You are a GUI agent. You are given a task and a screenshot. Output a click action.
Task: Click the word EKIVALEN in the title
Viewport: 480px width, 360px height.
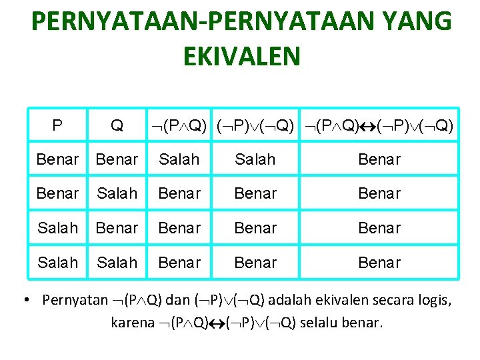[241, 57]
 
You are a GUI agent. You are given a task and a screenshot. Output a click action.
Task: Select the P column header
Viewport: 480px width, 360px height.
[57, 125]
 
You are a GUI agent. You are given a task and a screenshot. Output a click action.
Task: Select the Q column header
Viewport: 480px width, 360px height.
[117, 125]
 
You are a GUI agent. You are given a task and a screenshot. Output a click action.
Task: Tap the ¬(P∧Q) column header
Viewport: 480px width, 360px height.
[179, 125]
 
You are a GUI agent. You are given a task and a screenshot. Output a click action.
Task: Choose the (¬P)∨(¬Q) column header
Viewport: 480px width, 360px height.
[255, 125]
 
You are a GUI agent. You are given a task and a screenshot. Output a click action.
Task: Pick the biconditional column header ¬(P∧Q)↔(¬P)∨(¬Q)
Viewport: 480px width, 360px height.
[379, 125]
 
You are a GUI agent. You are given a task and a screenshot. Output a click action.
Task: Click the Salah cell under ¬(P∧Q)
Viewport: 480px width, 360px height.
[179, 159]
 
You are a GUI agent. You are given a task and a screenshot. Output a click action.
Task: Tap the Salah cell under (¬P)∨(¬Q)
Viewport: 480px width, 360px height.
[255, 159]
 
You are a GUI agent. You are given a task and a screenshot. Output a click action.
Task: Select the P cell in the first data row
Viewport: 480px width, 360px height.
[57, 159]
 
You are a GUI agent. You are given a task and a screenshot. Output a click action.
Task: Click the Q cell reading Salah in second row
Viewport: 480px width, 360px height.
[117, 193]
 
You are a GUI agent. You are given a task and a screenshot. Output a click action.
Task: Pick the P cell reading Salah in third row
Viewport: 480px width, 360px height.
[57, 228]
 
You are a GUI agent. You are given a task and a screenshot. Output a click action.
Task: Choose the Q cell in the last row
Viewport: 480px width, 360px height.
[117, 263]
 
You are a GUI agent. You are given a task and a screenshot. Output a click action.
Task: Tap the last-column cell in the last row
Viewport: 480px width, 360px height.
[379, 263]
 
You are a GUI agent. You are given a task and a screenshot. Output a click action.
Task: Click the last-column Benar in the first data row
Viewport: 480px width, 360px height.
[379, 159]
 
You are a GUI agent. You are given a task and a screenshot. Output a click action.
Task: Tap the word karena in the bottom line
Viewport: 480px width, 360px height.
[134, 323]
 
